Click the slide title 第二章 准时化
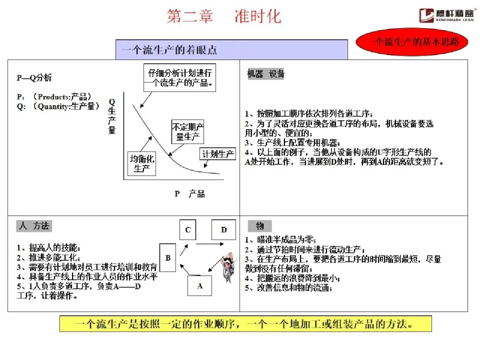[224, 16]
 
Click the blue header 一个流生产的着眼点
[231, 50]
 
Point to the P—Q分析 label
[35, 78]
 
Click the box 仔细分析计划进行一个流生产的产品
[180, 78]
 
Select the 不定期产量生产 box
[188, 132]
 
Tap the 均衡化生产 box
[142, 163]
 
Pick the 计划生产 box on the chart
[218, 154]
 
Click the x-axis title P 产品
[190, 194]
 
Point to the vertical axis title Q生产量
[112, 116]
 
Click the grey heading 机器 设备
[266, 74]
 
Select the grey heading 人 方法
[34, 226]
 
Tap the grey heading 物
[260, 226]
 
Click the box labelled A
[200, 286]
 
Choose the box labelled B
[168, 257]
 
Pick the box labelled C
[188, 230]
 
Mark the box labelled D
[224, 230]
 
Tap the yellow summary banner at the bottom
[245, 324]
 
